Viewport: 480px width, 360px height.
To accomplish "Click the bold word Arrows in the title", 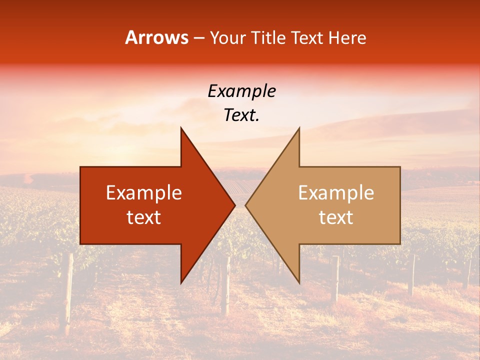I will [x=156, y=37].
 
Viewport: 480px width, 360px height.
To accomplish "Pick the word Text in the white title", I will [x=307, y=38].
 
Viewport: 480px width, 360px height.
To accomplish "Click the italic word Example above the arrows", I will [x=241, y=91].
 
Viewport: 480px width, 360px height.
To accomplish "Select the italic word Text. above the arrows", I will [x=241, y=115].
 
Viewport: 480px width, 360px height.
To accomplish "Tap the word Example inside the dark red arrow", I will [x=144, y=193].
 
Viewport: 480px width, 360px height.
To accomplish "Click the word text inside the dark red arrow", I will [x=144, y=217].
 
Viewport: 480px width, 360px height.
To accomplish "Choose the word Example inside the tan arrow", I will [x=336, y=193].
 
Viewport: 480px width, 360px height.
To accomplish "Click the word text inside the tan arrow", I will [x=336, y=217].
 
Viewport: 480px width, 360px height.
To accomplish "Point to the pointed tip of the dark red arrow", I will [x=234, y=205].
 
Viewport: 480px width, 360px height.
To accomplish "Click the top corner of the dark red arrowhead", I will [x=181, y=128].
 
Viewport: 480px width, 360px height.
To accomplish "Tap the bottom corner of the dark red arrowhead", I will [x=181, y=282].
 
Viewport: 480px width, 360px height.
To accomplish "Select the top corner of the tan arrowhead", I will [x=299, y=128].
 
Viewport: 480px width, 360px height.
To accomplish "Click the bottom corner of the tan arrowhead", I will [x=299, y=282].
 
